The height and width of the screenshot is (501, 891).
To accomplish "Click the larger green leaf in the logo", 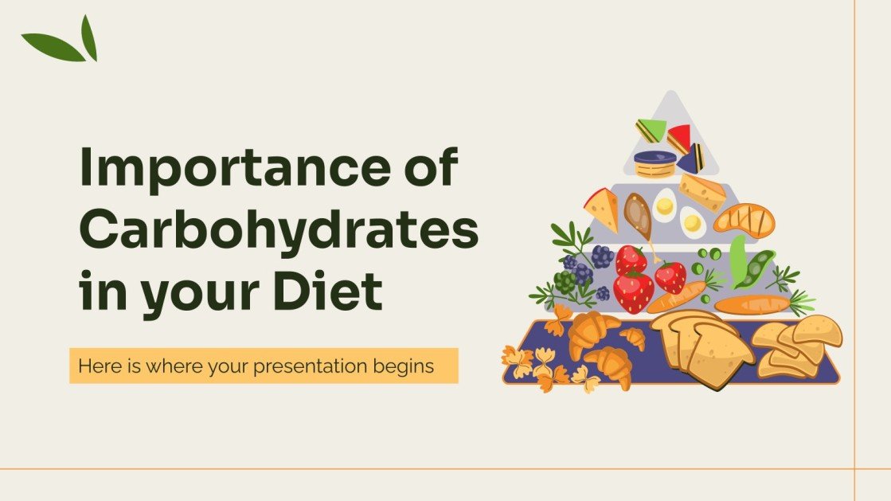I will tap(52, 48).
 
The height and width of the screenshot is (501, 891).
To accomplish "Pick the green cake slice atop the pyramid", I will tap(651, 131).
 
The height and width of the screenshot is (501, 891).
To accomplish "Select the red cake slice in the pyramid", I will tap(679, 139).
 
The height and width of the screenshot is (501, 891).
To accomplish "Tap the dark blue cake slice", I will tap(691, 158).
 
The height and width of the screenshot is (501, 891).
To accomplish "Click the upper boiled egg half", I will tap(664, 206).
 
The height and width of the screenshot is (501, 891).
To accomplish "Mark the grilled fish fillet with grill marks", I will tap(744, 219).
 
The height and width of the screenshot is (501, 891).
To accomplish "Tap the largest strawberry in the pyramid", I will tap(634, 292).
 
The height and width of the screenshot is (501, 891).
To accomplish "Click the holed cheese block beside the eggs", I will tap(702, 192).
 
